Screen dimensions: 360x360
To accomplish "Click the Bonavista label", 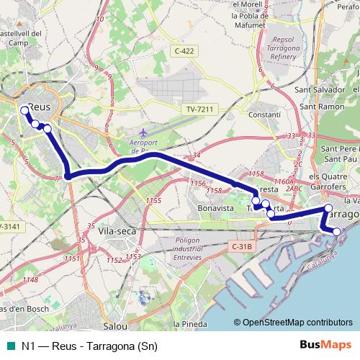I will point(215,207).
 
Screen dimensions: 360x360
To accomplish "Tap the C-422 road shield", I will point(185,51).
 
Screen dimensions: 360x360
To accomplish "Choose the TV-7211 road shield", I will point(199,109).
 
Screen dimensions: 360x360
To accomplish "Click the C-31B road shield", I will point(243,247).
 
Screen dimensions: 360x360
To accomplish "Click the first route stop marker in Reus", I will point(24,111).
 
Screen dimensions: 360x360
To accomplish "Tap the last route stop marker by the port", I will point(336,231).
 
